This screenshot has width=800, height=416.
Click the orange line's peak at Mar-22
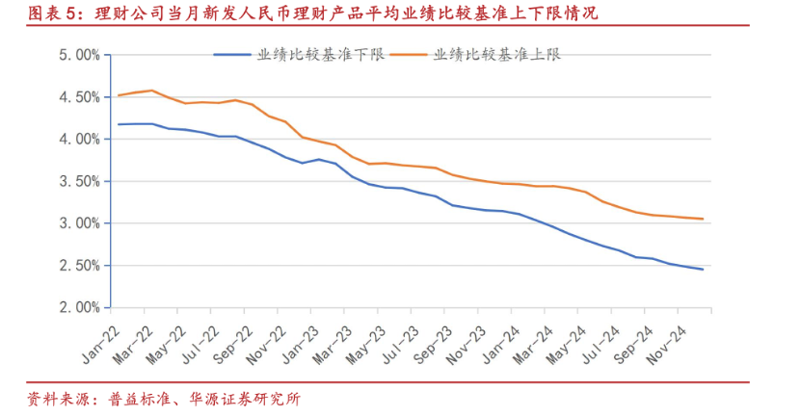(x=152, y=91)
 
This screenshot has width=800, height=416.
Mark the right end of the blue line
(x=703, y=270)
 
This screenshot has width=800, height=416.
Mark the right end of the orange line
(x=703, y=219)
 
